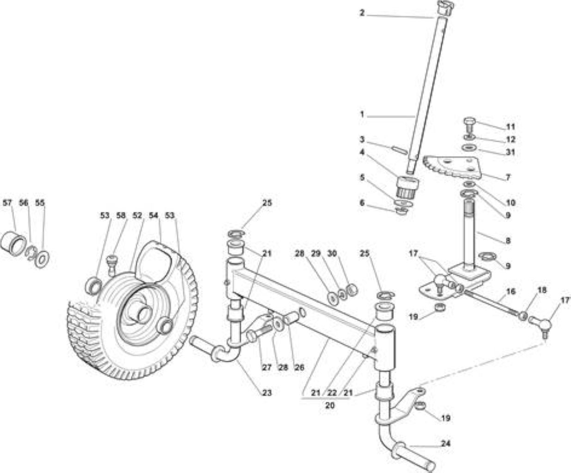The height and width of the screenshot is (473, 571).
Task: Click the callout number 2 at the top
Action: coord(362,13)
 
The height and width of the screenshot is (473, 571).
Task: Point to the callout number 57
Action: coord(7,203)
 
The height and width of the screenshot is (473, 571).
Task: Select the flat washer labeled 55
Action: coord(42,257)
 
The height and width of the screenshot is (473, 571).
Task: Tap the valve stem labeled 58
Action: coord(112,264)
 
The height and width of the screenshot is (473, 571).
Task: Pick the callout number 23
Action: coord(267,393)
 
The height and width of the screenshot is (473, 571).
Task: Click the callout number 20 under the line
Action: coord(330,405)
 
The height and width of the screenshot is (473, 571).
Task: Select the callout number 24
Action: coord(446,443)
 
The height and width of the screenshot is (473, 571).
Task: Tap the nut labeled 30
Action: coord(352,291)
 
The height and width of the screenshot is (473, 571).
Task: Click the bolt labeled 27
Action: coord(260,332)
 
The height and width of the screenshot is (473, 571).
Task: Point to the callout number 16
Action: coord(510,291)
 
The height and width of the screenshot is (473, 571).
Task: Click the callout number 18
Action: coord(542,290)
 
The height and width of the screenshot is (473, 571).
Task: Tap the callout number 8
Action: coord(508,240)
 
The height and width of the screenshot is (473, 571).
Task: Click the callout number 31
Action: coord(510,152)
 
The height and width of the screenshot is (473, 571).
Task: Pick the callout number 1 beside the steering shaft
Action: coord(362,115)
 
